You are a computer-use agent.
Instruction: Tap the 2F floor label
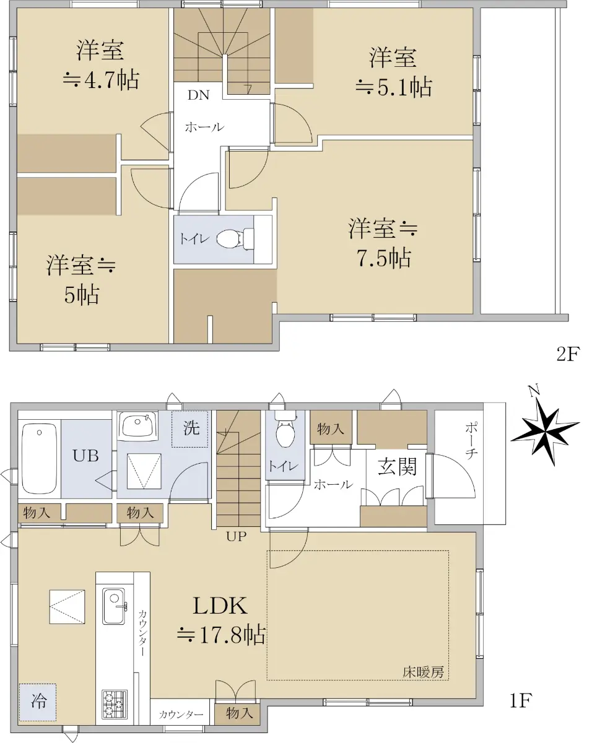(568, 354)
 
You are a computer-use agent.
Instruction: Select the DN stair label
(199, 95)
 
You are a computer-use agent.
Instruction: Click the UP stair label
(237, 536)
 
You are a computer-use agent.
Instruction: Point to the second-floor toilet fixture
(235, 238)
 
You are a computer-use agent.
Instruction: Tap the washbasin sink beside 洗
(138, 425)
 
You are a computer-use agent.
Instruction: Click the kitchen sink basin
(113, 606)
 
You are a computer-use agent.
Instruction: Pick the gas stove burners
(115, 705)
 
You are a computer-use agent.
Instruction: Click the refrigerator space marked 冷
(38, 702)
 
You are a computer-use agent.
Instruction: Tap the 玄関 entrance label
(397, 467)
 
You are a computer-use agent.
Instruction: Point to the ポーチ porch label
(471, 442)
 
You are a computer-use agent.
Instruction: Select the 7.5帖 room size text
(384, 258)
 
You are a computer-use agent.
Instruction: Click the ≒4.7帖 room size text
(101, 80)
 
